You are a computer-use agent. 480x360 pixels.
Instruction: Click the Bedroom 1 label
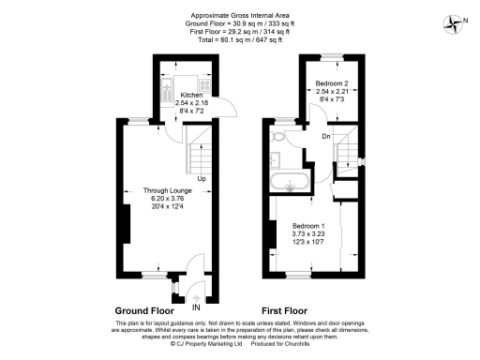[x=309, y=227]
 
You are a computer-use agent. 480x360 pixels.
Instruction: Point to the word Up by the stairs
[x=202, y=177]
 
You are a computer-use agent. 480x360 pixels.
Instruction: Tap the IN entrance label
[x=196, y=307]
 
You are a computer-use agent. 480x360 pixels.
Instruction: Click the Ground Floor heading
[x=144, y=308]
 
